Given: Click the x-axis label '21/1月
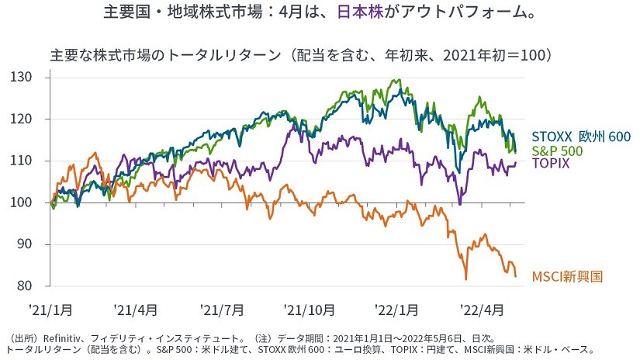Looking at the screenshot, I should click(x=51, y=310).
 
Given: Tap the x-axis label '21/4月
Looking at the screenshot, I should click(x=137, y=310).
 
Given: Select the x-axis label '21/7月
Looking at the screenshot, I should click(x=222, y=310).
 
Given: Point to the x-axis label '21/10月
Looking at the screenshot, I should click(x=310, y=310).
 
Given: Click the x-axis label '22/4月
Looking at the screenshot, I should click(x=482, y=310).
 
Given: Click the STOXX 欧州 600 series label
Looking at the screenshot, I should click(x=581, y=137).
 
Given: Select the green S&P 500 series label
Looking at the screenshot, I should click(x=558, y=151).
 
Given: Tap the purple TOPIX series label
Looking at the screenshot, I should click(x=551, y=164).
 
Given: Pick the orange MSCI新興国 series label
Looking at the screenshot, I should click(x=567, y=276).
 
